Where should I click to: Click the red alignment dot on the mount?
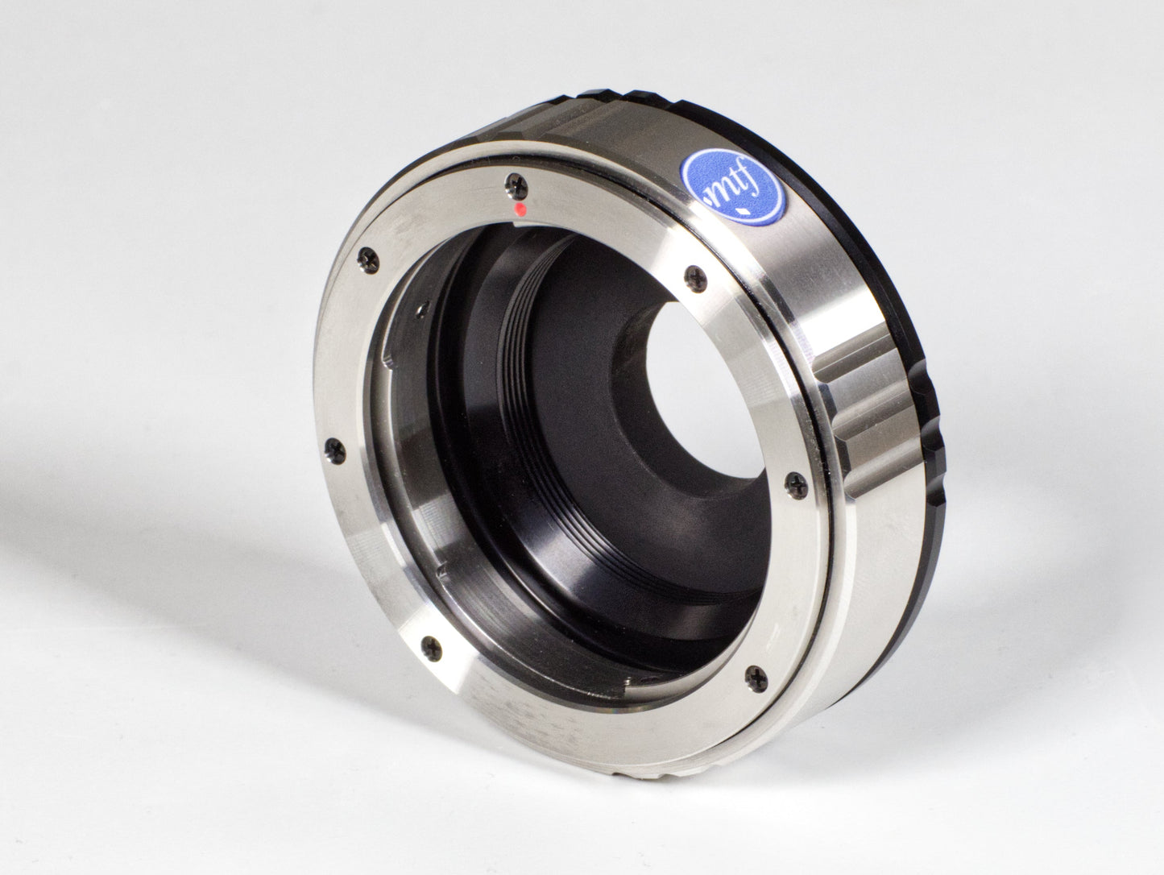tap(520, 210)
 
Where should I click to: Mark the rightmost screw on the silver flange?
tap(792, 481)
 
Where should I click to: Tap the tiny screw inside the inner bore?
tap(421, 307)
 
